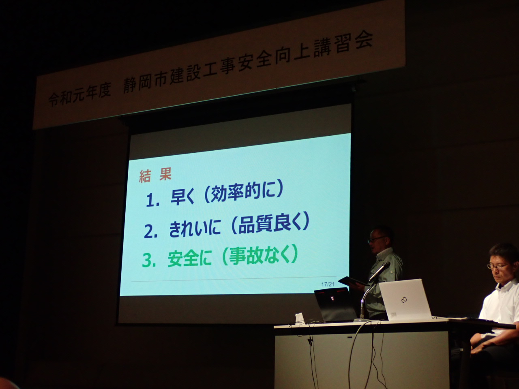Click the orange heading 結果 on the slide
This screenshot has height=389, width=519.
point(155,176)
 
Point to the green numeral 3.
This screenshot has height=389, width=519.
point(150,260)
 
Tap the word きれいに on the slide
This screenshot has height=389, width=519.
point(195,229)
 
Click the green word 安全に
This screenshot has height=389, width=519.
point(189,259)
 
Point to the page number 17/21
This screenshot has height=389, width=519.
point(328,284)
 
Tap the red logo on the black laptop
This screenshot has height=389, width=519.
point(332,298)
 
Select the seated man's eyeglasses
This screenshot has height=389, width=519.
point(497,267)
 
